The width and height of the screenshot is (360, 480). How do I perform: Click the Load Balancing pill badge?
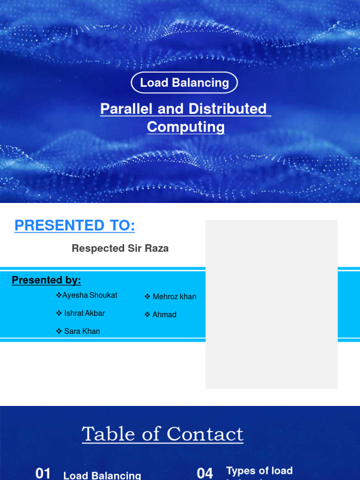point(184,83)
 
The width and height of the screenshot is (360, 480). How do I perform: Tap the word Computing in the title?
point(186,127)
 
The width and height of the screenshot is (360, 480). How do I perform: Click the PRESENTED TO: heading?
point(75,226)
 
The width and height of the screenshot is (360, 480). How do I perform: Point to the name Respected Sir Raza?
point(120,248)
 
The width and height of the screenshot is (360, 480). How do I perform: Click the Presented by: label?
point(46,280)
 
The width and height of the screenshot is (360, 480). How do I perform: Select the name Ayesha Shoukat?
point(90,295)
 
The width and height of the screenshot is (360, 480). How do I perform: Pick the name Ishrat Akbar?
point(84,313)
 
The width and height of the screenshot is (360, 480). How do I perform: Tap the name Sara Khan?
point(82,331)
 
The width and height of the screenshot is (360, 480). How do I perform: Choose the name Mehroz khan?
point(174,297)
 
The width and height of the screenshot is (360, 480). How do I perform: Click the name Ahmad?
point(164,315)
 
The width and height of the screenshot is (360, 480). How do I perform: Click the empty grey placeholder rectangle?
point(271,304)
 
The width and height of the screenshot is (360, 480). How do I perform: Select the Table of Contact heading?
point(163,434)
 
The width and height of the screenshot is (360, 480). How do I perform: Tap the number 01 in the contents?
point(43,473)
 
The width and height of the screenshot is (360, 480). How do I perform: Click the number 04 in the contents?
point(205,473)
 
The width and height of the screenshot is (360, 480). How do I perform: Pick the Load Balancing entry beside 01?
point(102,475)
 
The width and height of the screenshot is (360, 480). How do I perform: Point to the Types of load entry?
point(259,471)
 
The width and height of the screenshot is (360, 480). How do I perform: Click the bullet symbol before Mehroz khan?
point(147,297)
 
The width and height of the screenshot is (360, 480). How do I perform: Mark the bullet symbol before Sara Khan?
point(59,331)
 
